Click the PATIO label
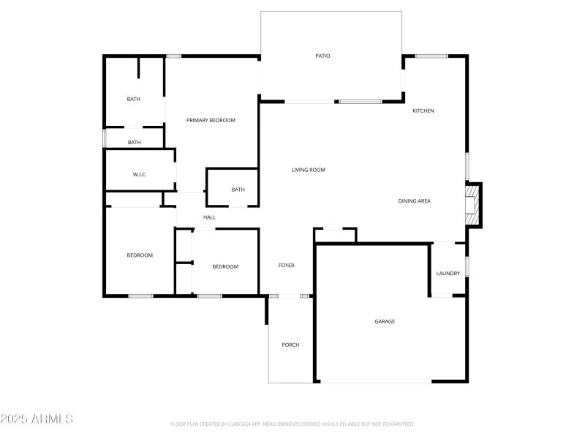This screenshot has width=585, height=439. tap(322, 56)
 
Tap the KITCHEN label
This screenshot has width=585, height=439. tap(423, 110)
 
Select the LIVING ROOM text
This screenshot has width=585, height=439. tap(308, 170)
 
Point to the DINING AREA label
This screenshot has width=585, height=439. tap(414, 200)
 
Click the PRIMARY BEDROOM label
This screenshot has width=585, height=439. tap(211, 120)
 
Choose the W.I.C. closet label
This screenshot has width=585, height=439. tap(140, 174)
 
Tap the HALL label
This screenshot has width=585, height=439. tap(209, 217)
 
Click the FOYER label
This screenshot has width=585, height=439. tap(286, 266)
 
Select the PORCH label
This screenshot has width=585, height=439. tap(290, 345)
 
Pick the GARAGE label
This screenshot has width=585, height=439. tap(385, 321)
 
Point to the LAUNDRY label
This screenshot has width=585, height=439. tap(448, 274)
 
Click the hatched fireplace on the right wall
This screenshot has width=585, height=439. tap(473, 205)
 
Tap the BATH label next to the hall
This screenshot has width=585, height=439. tap(238, 190)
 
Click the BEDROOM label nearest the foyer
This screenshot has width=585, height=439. tap(225, 266)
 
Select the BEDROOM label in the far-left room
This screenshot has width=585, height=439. tap(140, 255)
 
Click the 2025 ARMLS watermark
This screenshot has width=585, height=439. tap(37, 419)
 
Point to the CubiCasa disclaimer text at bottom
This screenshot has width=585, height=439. tap(292, 424)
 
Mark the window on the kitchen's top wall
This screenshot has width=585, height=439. tap(431, 56)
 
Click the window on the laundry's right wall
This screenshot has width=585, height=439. tap(467, 266)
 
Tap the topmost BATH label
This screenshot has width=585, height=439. tap(133, 99)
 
